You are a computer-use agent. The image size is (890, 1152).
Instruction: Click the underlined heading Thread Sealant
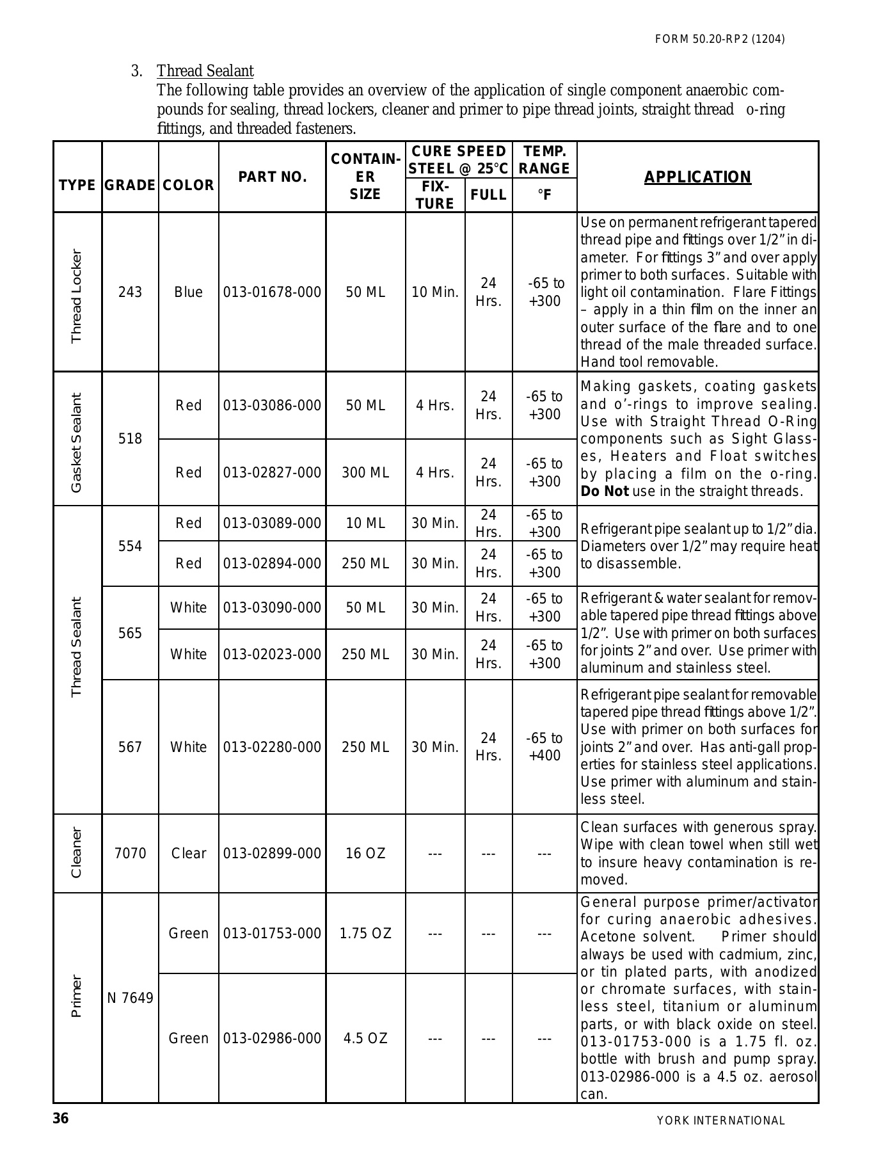click(x=205, y=71)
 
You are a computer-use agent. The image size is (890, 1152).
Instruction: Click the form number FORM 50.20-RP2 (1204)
click(x=720, y=39)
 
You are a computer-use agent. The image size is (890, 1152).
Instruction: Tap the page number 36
click(x=61, y=1119)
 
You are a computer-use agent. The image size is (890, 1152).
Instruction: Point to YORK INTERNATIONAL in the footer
click(x=720, y=1121)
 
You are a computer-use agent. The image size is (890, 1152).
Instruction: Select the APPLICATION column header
click(x=697, y=177)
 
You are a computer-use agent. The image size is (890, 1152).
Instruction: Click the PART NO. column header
click(x=273, y=177)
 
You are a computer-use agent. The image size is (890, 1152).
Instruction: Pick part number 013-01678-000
click(x=273, y=292)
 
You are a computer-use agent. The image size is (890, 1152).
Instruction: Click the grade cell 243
click(x=130, y=292)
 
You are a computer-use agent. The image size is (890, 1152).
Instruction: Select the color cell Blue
click(x=188, y=292)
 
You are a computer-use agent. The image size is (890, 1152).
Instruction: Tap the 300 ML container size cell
click(x=365, y=473)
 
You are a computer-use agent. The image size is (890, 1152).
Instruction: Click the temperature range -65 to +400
click(x=544, y=747)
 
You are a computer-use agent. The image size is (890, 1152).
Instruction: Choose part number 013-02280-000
click(x=273, y=747)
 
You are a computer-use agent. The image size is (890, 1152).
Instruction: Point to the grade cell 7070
click(x=130, y=854)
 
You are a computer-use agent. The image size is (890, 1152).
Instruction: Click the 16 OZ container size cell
click(x=365, y=854)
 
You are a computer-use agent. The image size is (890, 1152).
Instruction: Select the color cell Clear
click(x=188, y=854)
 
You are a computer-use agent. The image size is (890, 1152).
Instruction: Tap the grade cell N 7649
click(x=130, y=998)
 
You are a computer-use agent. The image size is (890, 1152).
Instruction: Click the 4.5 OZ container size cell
click(x=365, y=1038)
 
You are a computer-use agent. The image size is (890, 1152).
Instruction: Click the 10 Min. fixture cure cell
click(x=435, y=292)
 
